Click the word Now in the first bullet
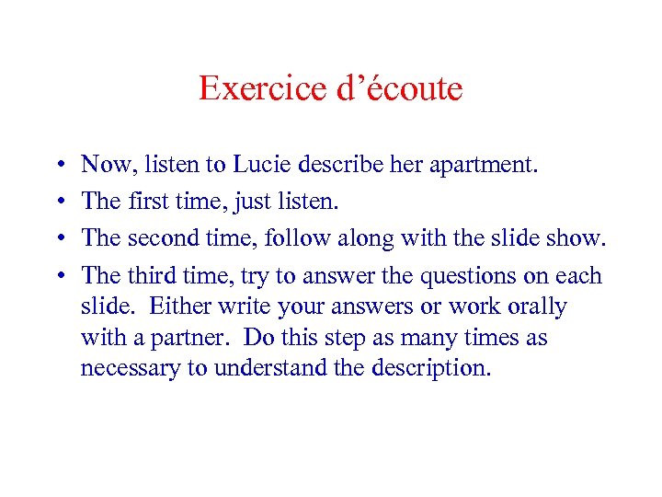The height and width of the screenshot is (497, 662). click(105, 165)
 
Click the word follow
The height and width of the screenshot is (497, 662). click(292, 238)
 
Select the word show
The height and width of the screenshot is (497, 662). click(578, 238)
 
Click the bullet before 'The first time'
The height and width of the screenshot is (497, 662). click(58, 202)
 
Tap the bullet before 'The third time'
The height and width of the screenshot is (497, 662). click(58, 276)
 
